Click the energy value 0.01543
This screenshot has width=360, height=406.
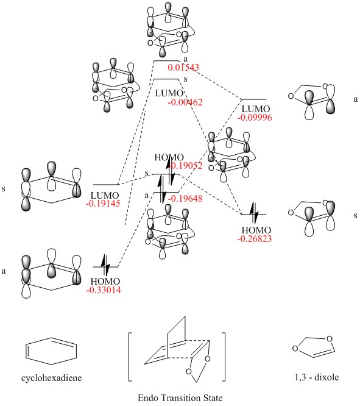click(x=183, y=68)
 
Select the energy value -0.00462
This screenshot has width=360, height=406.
click(x=185, y=102)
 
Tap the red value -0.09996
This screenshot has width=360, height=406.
click(x=255, y=118)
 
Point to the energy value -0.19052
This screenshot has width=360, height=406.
click(x=185, y=166)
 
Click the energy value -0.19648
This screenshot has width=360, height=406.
click(x=185, y=199)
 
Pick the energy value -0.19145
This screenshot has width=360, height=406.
click(x=103, y=204)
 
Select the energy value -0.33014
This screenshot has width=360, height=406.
click(x=104, y=290)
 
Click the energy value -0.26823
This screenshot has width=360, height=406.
click(x=255, y=239)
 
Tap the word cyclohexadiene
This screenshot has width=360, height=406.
click(x=52, y=378)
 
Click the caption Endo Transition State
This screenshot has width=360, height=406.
click(x=180, y=397)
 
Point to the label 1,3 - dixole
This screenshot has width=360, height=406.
click(x=317, y=377)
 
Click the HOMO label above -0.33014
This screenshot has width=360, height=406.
click(x=105, y=282)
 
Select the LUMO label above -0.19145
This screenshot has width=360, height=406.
click(x=105, y=195)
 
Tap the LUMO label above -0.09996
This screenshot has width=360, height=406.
click(x=256, y=109)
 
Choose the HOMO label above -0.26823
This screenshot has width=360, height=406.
click(x=256, y=230)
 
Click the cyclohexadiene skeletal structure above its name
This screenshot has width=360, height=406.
click(x=51, y=351)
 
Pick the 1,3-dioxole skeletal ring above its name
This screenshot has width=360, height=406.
click(x=314, y=347)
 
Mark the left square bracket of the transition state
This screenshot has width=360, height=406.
click(x=129, y=357)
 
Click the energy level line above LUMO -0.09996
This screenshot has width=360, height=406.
click(x=253, y=99)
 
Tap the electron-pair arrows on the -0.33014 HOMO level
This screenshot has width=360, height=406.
click(x=105, y=265)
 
